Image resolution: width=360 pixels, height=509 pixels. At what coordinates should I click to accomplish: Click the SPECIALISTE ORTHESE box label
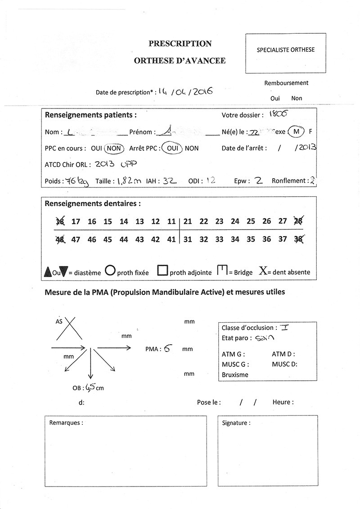[285, 50]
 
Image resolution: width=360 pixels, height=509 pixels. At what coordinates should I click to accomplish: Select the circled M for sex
[296, 132]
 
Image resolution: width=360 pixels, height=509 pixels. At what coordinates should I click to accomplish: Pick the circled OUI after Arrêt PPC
[171, 148]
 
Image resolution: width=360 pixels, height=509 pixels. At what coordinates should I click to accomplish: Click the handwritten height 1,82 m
[129, 181]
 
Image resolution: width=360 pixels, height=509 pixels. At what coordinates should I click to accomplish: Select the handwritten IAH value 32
[169, 180]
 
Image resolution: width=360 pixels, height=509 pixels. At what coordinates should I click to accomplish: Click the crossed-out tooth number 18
[60, 221]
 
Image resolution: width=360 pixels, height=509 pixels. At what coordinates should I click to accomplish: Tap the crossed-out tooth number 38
[298, 239]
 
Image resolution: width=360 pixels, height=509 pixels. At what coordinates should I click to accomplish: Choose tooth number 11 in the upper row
[171, 221]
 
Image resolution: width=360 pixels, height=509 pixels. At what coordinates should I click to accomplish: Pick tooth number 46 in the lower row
[92, 240]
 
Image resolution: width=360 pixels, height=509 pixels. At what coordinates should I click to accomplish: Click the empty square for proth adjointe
[162, 271]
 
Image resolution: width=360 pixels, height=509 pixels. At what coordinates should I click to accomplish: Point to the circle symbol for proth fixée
[110, 271]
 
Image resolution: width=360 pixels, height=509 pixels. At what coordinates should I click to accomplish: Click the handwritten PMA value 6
[166, 348]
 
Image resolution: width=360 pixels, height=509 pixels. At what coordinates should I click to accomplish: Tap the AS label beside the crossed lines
[59, 322]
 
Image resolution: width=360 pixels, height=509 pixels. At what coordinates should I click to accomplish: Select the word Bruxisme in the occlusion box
[235, 374]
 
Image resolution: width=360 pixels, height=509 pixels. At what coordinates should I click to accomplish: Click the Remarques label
[66, 423]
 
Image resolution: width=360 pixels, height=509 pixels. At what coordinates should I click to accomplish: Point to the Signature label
[236, 423]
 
